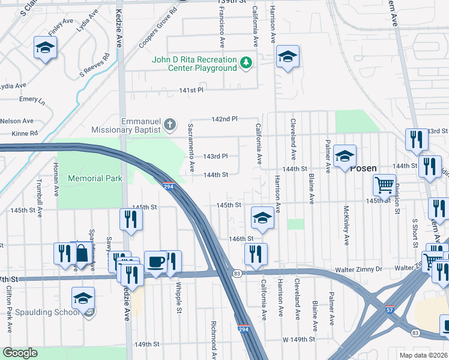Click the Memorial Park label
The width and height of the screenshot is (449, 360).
click(95, 178)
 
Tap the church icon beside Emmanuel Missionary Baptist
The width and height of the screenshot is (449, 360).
click(170, 124)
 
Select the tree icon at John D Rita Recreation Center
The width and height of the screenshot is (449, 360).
click(246, 63)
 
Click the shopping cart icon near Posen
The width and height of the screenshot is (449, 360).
click(384, 184)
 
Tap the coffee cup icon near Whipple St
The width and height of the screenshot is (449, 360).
click(155, 262)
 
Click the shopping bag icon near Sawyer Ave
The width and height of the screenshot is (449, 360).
click(81, 254)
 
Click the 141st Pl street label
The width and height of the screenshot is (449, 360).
click(191, 90)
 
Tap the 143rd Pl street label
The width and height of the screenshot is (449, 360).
click(215, 156)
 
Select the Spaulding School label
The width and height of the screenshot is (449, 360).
click(52, 312)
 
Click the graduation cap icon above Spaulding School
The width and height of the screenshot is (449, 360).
click(83, 298)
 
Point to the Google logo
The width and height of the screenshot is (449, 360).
click(20, 353)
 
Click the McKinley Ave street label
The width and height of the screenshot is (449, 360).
click(346, 226)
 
